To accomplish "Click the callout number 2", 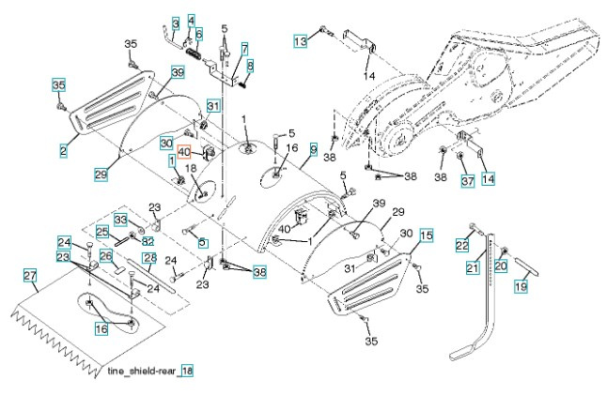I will point(63,150).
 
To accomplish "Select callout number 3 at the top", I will point(175,23).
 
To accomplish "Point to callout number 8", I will point(250,65).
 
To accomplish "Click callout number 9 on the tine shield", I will point(313,149).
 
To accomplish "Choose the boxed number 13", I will point(300,42).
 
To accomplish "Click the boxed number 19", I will point(520,288).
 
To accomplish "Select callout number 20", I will point(500,266).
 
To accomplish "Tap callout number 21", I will point(473,269).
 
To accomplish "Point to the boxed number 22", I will point(462,245).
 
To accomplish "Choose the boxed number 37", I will point(466,181).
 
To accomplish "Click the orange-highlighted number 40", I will point(185,153).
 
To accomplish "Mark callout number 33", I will point(121,220).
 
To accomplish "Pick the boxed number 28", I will point(148,258).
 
